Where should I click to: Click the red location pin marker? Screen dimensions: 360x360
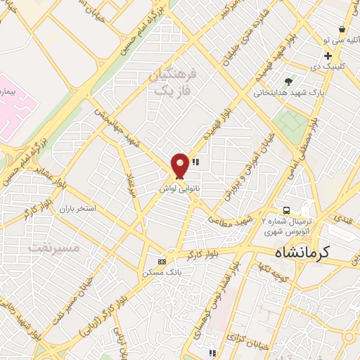[x=180, y=166]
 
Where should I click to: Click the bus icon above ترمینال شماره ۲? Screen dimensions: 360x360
[x=286, y=210]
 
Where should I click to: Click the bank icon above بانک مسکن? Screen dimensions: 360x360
[x=162, y=262]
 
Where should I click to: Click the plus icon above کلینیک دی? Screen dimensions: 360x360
[x=328, y=56]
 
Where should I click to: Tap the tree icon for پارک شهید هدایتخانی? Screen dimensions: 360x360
[x=287, y=82]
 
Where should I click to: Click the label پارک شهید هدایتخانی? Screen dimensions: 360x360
[x=285, y=92]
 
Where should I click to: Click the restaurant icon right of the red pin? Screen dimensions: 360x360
[x=195, y=162]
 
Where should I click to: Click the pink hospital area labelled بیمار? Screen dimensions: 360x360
[x=14, y=105]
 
